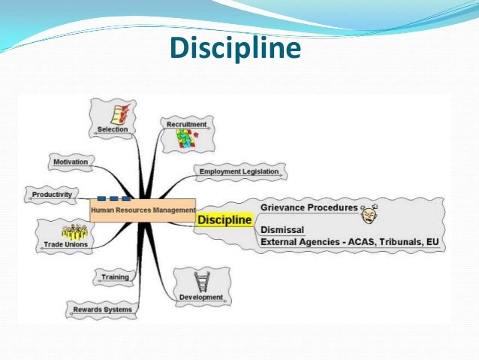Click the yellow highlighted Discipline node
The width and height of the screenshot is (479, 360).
224,219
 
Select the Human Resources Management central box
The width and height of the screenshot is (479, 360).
143,210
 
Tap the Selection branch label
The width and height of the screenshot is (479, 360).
113,129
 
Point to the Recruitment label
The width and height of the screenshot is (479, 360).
186,124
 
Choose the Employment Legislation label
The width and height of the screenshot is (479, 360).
239,171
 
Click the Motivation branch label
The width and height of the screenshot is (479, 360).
71,162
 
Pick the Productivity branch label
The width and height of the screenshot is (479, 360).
52,195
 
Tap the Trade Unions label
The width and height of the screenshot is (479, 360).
65,244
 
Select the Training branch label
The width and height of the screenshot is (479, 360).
115,277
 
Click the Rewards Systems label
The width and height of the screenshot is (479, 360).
102,309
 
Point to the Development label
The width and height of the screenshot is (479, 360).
200,298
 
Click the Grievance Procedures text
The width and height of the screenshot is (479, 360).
309,207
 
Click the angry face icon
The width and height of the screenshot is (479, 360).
369,214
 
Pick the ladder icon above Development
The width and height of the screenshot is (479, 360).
201,282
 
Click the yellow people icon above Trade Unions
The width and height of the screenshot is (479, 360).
74,231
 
